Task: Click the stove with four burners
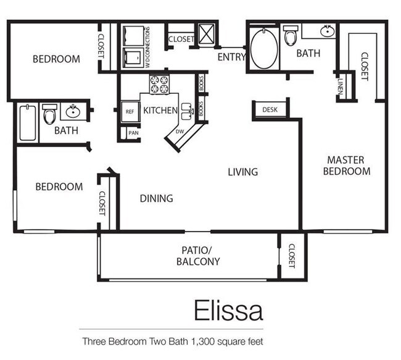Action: (159, 85)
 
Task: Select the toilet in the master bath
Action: (290, 36)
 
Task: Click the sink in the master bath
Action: (327, 30)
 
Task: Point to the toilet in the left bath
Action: (50, 114)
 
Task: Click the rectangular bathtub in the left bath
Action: (27, 123)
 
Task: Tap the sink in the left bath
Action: (74, 112)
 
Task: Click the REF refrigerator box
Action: (130, 112)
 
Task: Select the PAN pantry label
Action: (133, 132)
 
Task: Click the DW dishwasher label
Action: (180, 132)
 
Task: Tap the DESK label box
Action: (270, 110)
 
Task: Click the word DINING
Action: (156, 199)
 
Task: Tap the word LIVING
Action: (242, 172)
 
